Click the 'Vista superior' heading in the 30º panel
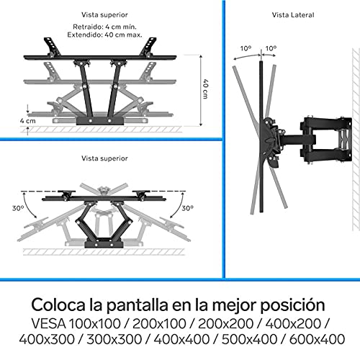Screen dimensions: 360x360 (x=105, y=157)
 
